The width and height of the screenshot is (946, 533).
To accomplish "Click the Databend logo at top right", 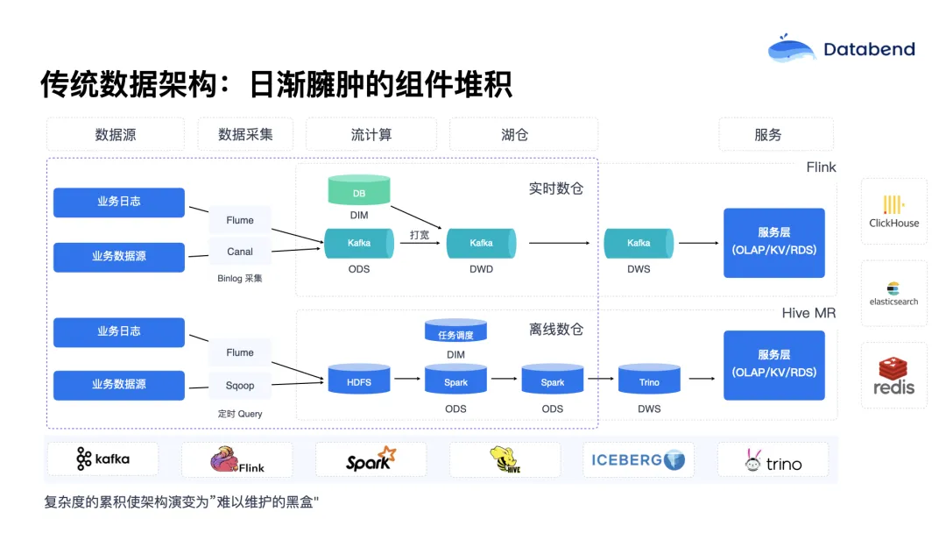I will [841, 49].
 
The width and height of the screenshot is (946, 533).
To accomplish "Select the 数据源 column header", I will [116, 135].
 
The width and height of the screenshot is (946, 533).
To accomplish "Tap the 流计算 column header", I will [371, 135].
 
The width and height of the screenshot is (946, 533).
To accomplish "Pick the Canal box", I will [240, 252].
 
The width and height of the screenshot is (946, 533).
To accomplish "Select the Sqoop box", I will [240, 385].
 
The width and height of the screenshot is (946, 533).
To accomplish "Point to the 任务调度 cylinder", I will [455, 333].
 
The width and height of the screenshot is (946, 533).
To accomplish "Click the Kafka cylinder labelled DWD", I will [481, 243].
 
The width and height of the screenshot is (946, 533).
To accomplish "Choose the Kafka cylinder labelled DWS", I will [639, 243].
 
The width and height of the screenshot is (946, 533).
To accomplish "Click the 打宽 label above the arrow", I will [420, 235].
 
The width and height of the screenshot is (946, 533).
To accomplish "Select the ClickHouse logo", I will [893, 211].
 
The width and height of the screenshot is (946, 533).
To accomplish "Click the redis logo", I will [893, 376].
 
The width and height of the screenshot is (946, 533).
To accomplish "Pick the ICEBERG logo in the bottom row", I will [639, 460].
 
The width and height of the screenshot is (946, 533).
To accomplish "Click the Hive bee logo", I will [505, 460].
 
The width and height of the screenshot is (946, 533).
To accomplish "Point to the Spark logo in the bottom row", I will [371, 460].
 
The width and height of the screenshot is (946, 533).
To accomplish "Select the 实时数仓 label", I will [555, 188].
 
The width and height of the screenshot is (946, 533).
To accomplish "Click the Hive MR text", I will [808, 313].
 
